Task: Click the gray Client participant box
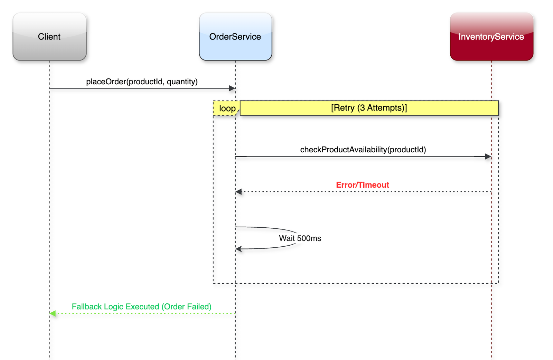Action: pyautogui.click(x=50, y=37)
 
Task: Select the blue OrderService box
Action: pyautogui.click(x=235, y=37)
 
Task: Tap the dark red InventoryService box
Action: pyautogui.click(x=491, y=37)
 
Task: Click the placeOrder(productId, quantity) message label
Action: pyautogui.click(x=142, y=82)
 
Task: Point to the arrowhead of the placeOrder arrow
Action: pyautogui.click(x=232, y=88)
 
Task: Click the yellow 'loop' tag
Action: pyautogui.click(x=226, y=108)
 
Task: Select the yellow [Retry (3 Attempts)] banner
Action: pyautogui.click(x=369, y=108)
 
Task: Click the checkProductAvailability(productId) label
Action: pyautogui.click(x=363, y=150)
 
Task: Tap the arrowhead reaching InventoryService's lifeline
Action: pyautogui.click(x=488, y=157)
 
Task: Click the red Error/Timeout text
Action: pyautogui.click(x=363, y=185)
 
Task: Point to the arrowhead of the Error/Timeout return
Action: pyautogui.click(x=239, y=192)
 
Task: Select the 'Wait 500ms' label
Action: pyautogui.click(x=300, y=238)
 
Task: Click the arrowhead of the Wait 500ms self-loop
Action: pyautogui.click(x=239, y=249)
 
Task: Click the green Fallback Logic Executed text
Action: pyautogui.click(x=141, y=306)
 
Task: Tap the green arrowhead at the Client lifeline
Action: pyautogui.click(x=53, y=313)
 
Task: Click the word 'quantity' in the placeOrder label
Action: pyautogui.click(x=182, y=82)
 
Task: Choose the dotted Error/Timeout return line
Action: pyautogui.click(x=363, y=192)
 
